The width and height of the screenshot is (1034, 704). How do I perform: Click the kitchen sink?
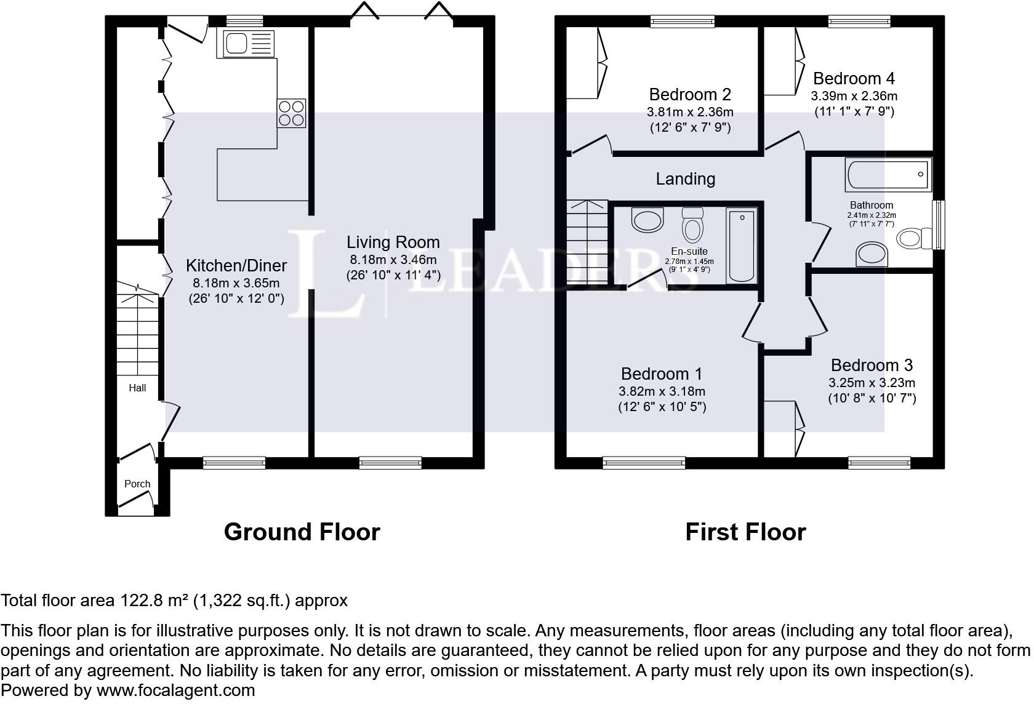click(x=249, y=44)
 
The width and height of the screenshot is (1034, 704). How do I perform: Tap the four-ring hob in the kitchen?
click(x=291, y=113)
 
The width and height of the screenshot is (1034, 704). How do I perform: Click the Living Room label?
click(x=393, y=242)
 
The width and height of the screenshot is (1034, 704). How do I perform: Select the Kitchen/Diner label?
click(x=236, y=265)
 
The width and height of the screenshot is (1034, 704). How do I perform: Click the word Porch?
click(x=137, y=484)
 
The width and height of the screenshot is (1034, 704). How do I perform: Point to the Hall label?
click(x=137, y=388)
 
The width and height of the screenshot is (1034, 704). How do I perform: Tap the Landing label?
click(x=686, y=179)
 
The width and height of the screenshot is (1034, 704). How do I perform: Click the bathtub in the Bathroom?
click(x=888, y=175)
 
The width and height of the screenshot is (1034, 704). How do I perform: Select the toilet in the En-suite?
click(x=692, y=225)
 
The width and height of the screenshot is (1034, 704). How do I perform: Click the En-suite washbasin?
click(x=647, y=220)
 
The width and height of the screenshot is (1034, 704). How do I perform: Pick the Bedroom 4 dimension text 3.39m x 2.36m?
click(x=854, y=96)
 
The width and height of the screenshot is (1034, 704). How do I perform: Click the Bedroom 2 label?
click(x=690, y=95)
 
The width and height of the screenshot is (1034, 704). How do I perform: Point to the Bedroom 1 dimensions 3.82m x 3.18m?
click(x=662, y=391)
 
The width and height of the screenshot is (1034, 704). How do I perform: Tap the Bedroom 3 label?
click(x=872, y=365)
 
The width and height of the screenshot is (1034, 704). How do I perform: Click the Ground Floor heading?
click(x=302, y=532)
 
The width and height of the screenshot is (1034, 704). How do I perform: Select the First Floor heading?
click(x=745, y=532)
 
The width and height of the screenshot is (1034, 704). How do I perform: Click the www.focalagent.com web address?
click(x=175, y=690)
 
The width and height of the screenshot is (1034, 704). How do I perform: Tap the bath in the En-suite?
click(x=741, y=246)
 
